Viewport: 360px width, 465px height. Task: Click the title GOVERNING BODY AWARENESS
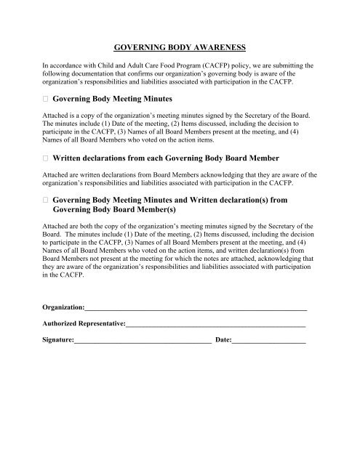(x=180, y=47)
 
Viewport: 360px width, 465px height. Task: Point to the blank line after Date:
(x=268, y=339)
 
